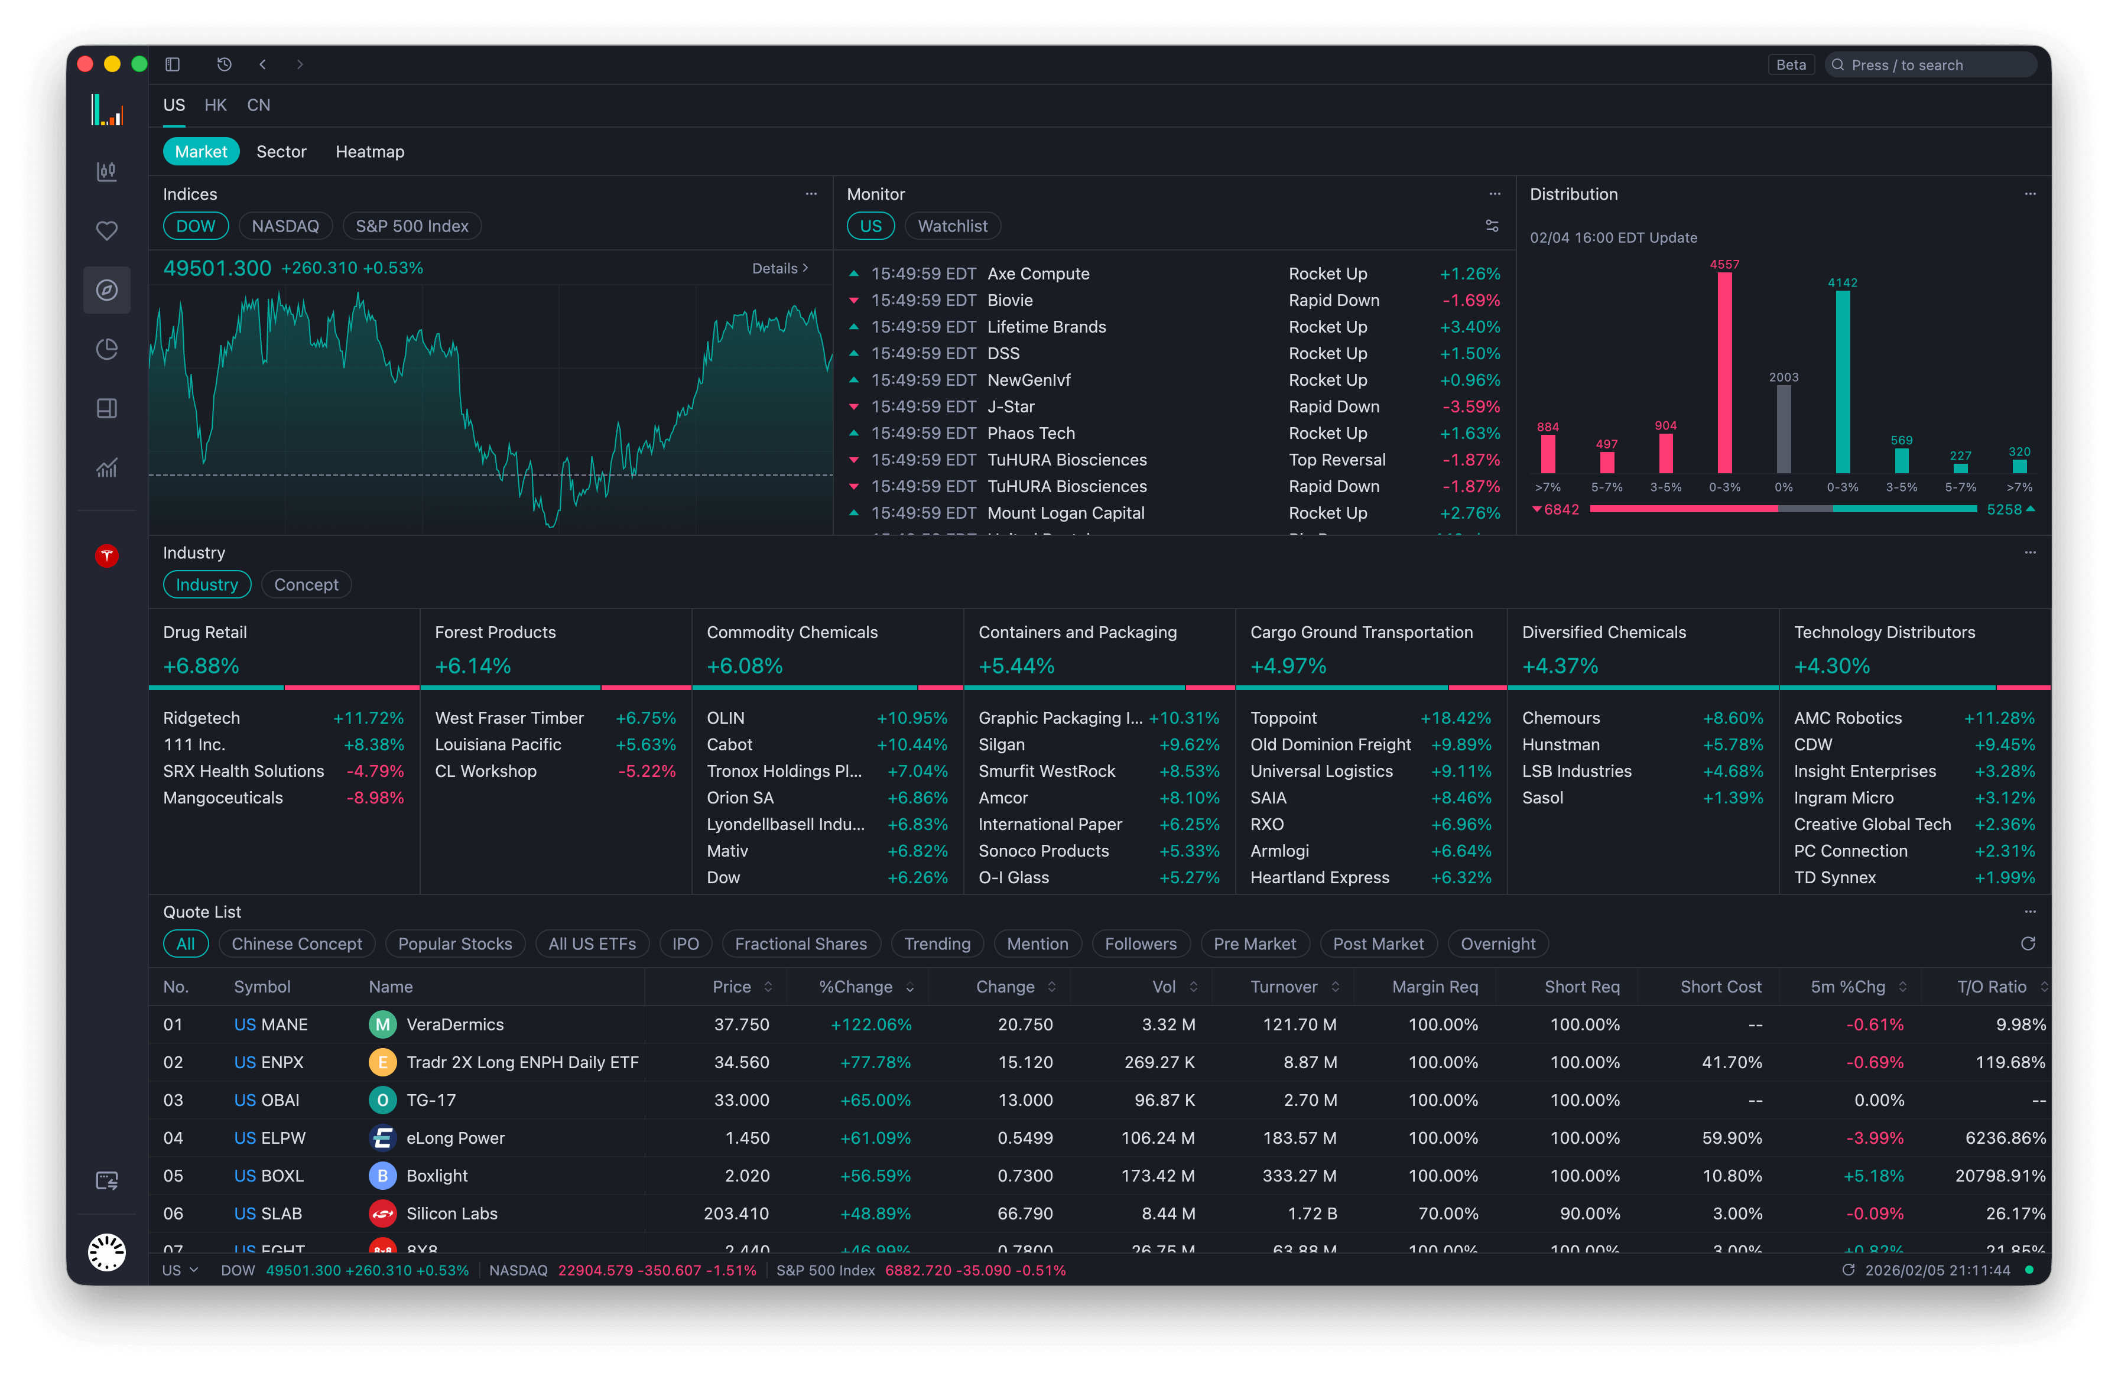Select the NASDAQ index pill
[285, 226]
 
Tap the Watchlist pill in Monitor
[952, 226]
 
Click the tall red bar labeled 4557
[1724, 374]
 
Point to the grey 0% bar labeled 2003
[1784, 429]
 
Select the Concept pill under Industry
[306, 585]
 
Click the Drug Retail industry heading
[204, 632]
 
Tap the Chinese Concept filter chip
[296, 943]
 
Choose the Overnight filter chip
[1497, 943]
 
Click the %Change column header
[855, 987]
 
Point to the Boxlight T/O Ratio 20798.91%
[2000, 1176]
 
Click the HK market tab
[215, 105]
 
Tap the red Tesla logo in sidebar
[107, 556]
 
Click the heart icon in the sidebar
[107, 230]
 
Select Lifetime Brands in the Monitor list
[1047, 327]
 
